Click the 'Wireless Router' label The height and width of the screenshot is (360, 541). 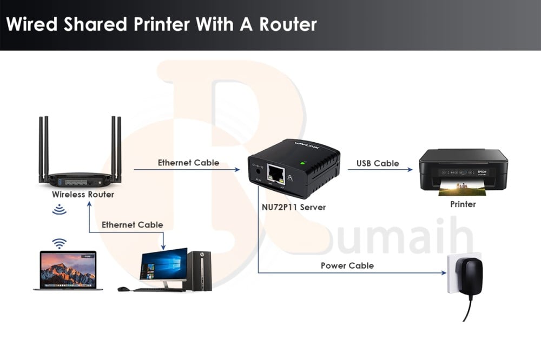tap(83, 194)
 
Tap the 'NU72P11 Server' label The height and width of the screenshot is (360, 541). tap(293, 207)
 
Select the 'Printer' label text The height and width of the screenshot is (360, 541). tap(463, 204)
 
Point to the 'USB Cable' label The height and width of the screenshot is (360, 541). tap(378, 163)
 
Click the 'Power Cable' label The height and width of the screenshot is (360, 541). tap(347, 265)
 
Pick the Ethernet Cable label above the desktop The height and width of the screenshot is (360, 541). tap(132, 224)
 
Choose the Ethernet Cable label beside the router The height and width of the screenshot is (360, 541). tap(188, 163)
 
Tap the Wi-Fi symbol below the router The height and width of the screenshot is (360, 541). tap(59, 210)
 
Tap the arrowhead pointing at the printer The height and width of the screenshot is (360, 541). tap(410, 170)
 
